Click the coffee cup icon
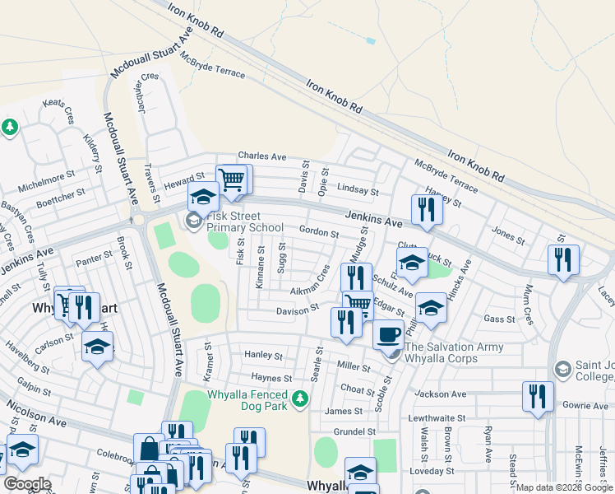point(389,335)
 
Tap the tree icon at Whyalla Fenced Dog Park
point(301,399)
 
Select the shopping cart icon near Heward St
point(232,179)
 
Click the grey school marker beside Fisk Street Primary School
point(194,220)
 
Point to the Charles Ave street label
point(261,156)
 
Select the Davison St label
point(298,310)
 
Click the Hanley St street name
point(263,356)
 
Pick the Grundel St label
point(354,431)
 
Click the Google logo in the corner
point(27,484)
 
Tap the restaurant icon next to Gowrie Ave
point(538,396)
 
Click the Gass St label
point(499,319)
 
